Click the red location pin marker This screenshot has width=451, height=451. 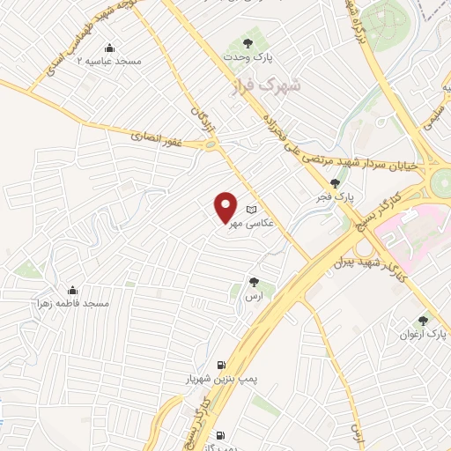point(226,206)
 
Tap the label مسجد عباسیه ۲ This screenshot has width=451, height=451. point(108,63)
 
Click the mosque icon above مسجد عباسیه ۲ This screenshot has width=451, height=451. point(108,48)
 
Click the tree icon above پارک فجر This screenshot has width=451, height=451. point(335,182)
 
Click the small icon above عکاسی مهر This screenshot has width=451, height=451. point(252,210)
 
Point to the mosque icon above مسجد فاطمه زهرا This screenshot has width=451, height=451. point(72,289)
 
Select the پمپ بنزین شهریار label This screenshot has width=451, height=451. point(220,379)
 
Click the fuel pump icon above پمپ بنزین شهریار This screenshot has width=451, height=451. point(220,365)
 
